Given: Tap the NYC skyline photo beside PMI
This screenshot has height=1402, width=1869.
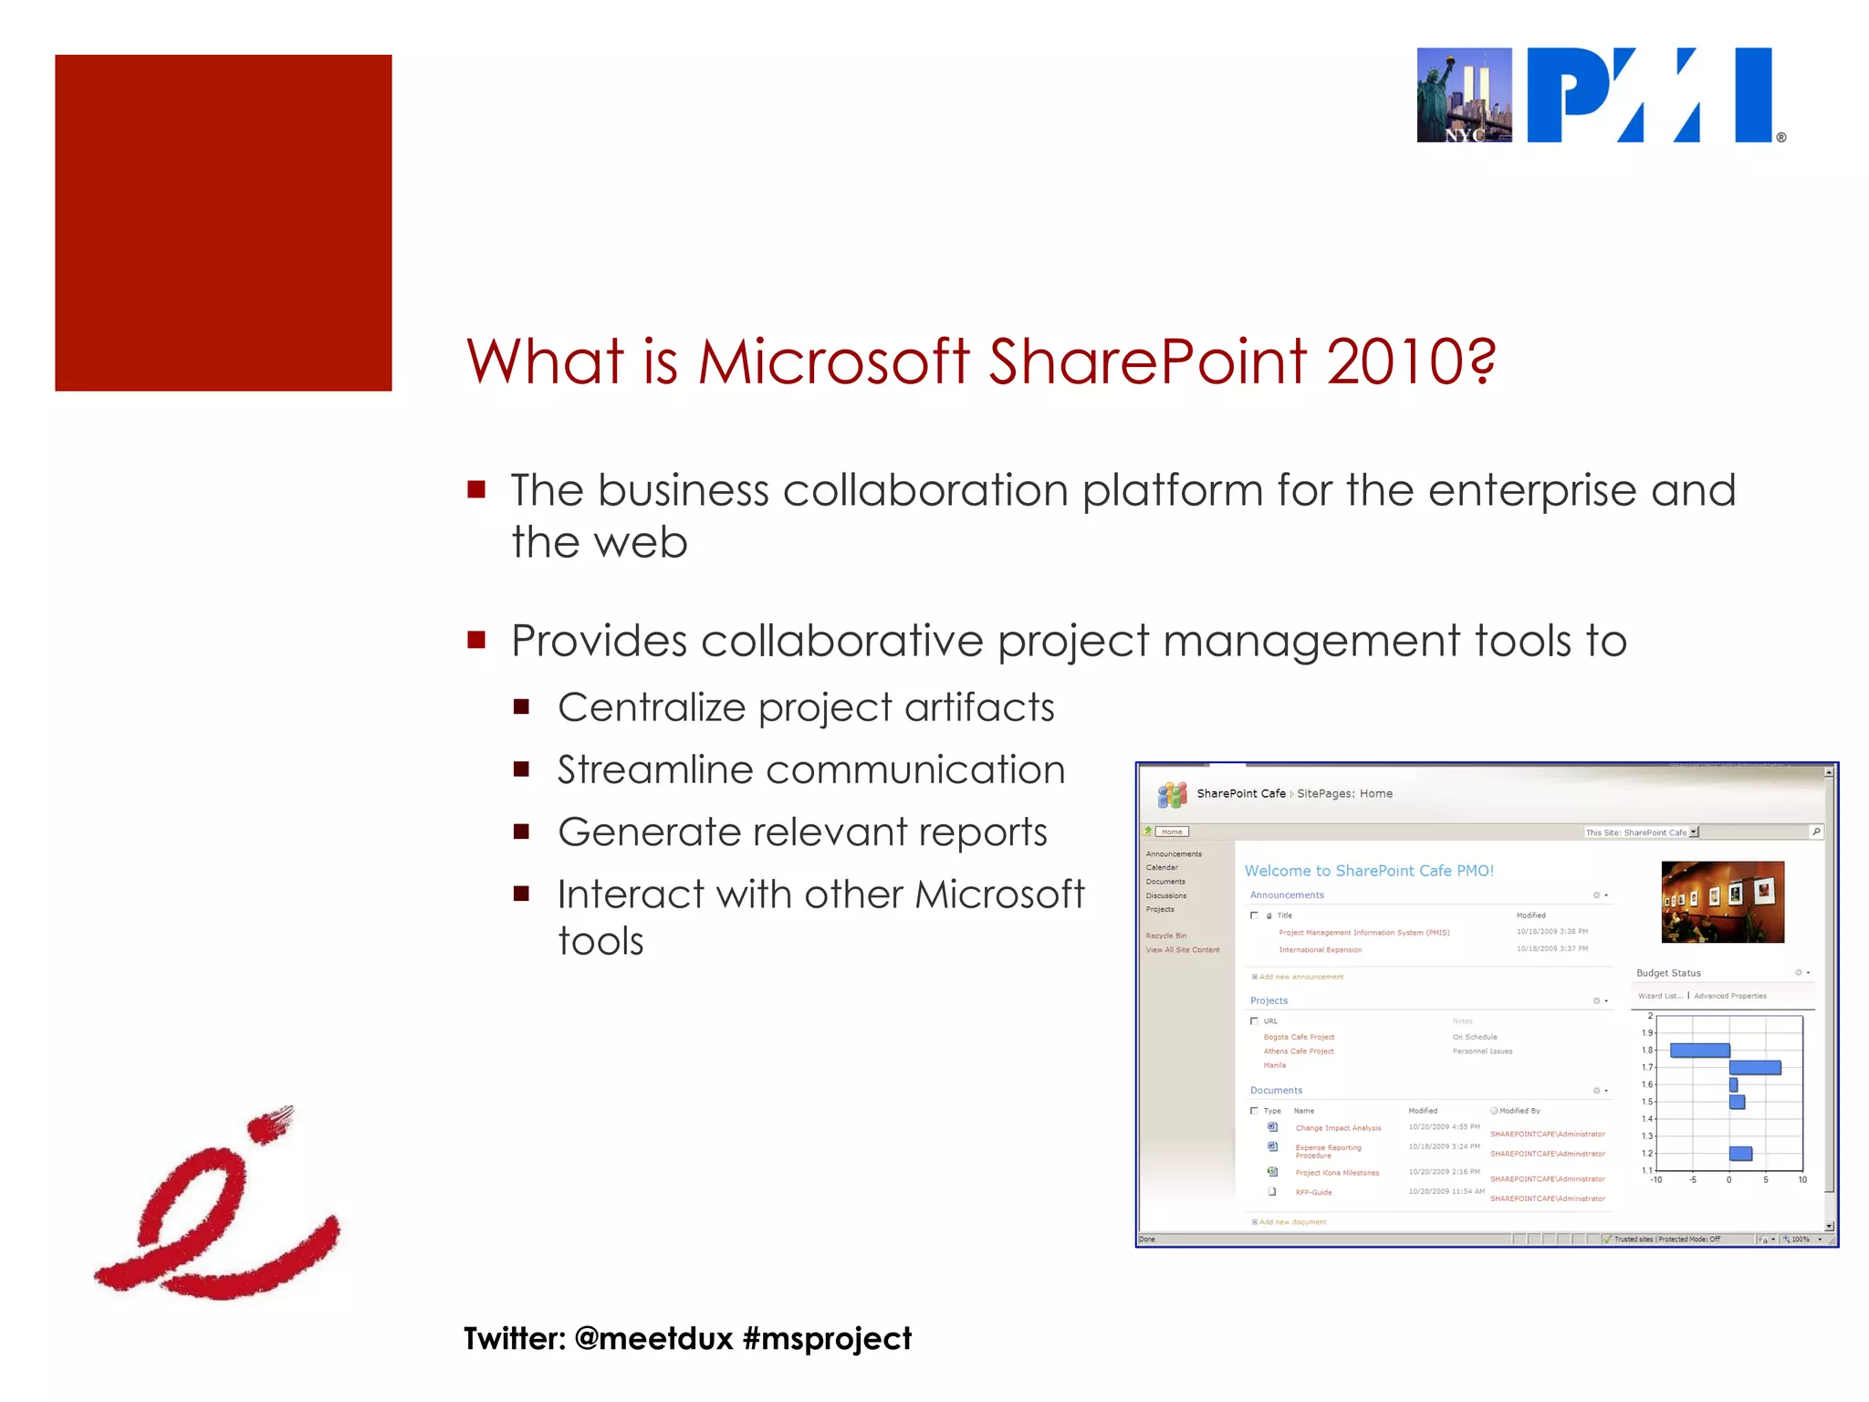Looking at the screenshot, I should (1464, 95).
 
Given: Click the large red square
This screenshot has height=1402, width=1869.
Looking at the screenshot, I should (223, 223).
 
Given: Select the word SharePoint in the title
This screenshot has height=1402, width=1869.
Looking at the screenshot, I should (1148, 361).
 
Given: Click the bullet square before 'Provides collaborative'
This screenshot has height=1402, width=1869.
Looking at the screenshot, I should (476, 640).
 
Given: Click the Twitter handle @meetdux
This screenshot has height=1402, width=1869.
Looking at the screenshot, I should (653, 1338).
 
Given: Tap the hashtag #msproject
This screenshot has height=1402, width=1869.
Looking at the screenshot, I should (827, 1338).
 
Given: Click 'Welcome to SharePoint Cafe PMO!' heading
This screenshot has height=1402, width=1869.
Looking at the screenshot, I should (1369, 871).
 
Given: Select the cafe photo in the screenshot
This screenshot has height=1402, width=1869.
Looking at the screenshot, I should (1722, 901).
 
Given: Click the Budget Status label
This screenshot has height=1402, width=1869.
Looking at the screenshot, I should (1668, 973).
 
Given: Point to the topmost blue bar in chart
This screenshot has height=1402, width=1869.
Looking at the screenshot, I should (1699, 1051).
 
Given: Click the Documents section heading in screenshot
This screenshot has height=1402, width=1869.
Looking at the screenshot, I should (1276, 1090).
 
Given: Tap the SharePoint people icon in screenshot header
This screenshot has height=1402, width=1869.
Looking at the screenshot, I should (1172, 794).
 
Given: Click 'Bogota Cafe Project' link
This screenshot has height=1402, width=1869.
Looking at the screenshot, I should (1299, 1037).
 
